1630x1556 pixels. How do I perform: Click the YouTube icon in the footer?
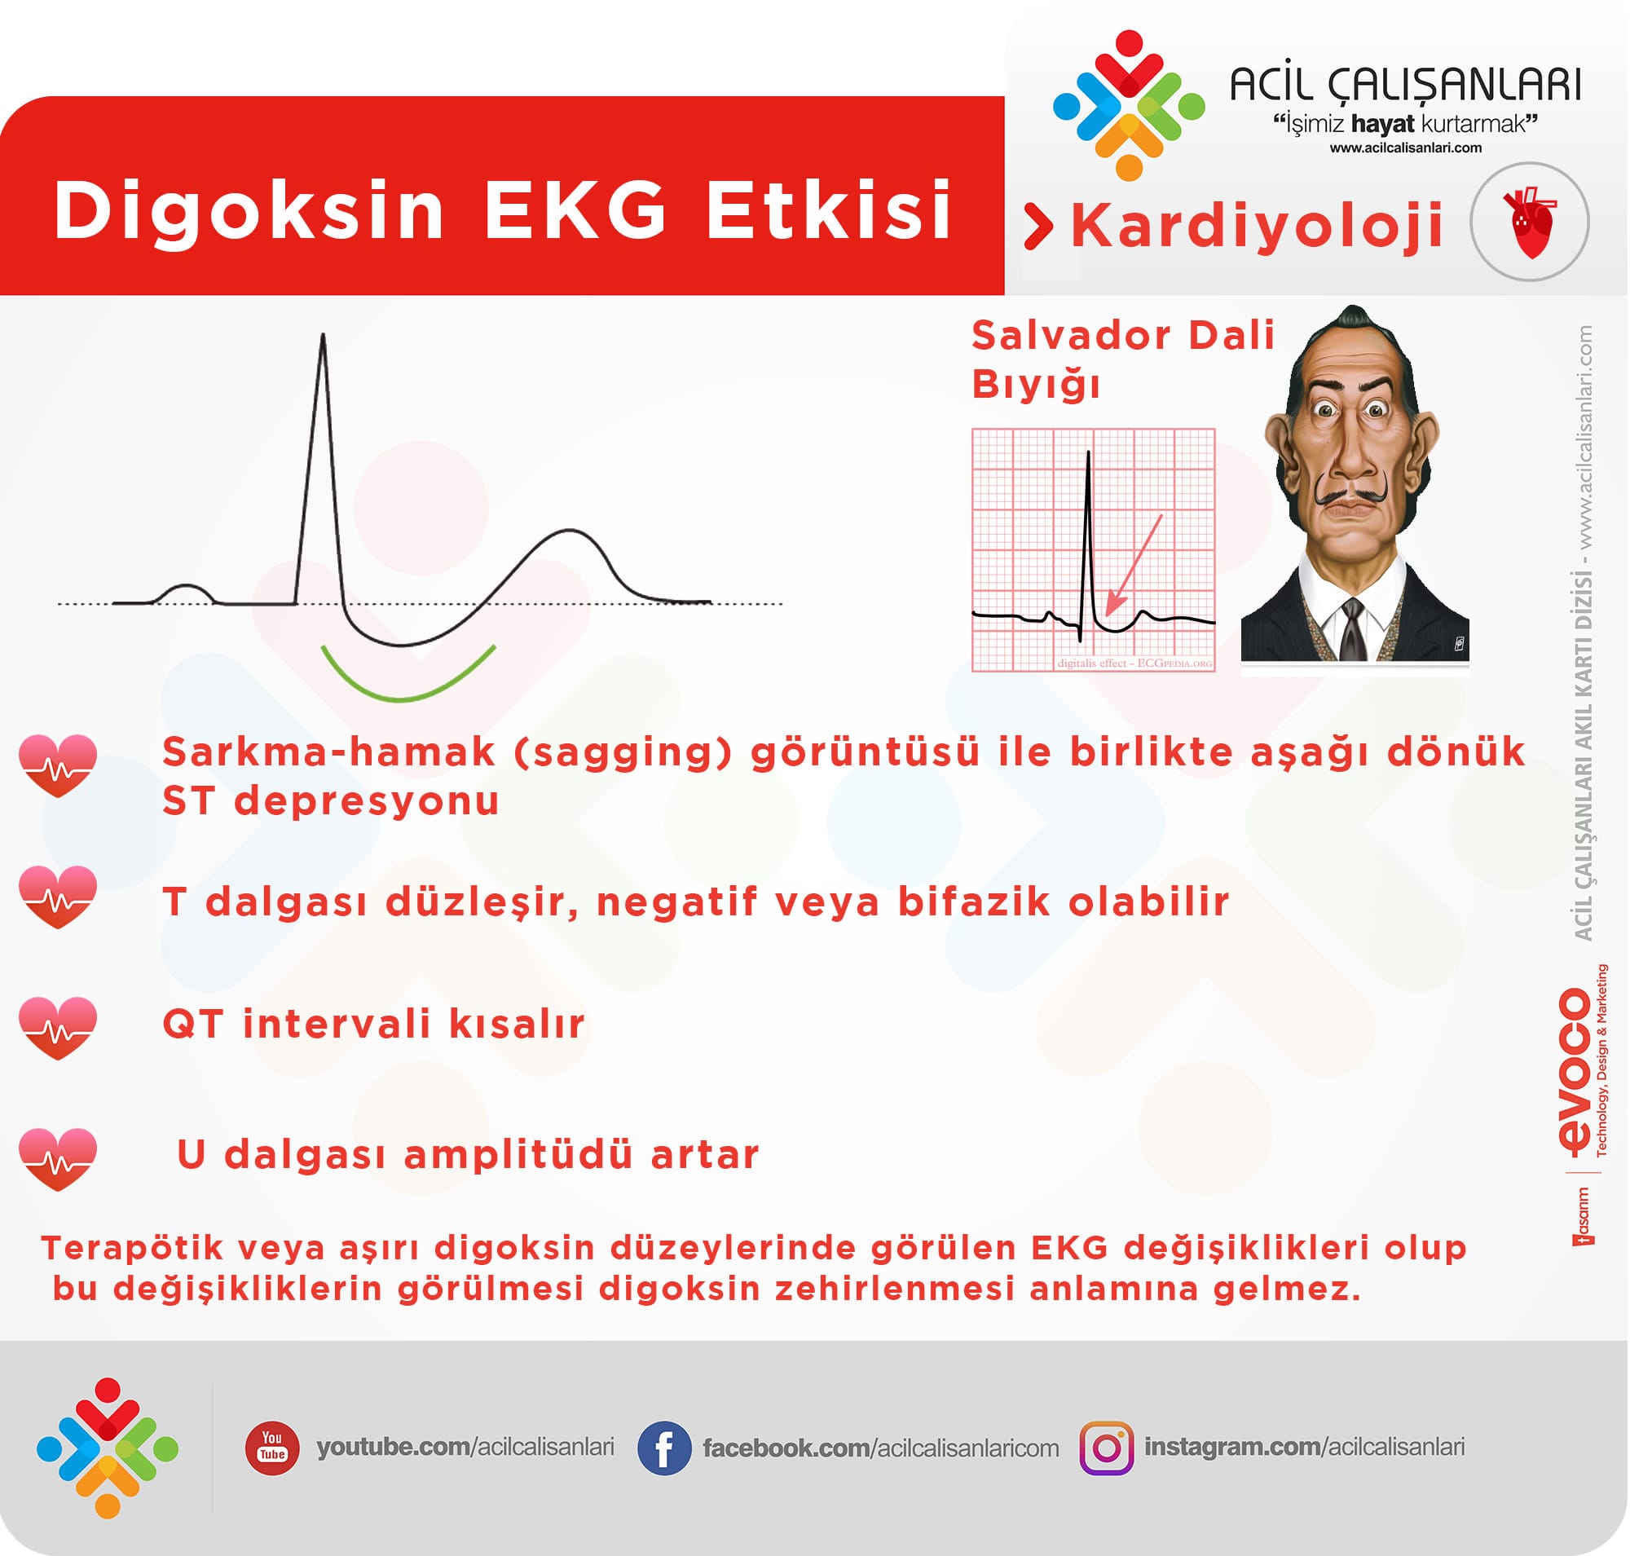point(272,1448)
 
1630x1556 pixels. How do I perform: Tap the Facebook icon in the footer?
point(664,1448)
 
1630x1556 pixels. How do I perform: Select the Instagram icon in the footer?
point(1108,1448)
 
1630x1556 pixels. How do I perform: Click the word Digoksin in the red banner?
point(249,210)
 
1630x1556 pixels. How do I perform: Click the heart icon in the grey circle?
point(1531,223)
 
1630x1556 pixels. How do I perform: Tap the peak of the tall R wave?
point(324,335)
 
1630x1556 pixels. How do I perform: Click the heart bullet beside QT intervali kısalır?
point(58,1029)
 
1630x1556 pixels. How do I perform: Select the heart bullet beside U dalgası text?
point(58,1160)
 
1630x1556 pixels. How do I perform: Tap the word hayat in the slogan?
point(1383,125)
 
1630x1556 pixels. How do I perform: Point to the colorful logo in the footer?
point(107,1448)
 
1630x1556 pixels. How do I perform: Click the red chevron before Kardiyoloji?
point(1037,226)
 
